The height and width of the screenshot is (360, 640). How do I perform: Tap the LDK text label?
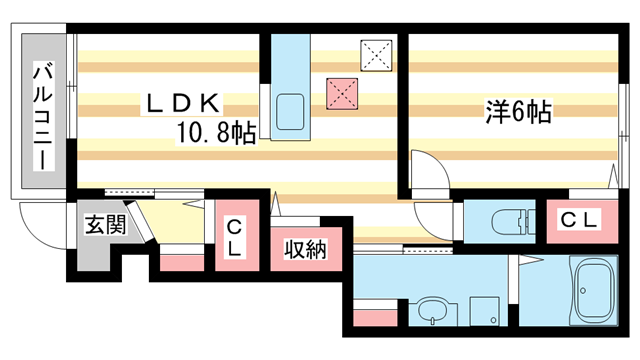point(185,103)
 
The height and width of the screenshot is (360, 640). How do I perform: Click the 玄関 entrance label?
point(103,224)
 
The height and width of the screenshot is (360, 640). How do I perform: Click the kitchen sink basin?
point(291,109)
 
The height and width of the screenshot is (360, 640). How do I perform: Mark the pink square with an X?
point(341,93)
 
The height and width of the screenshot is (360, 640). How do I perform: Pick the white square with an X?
point(376,56)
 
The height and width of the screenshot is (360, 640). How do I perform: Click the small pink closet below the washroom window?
point(372,321)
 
